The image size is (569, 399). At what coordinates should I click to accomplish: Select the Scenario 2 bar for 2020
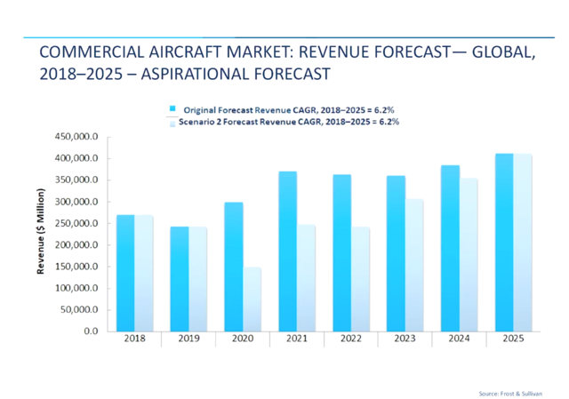tap(252, 299)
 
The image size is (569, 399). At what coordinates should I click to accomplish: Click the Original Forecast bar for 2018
tap(125, 273)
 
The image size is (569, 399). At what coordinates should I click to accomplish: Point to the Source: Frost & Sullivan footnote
tap(509, 391)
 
